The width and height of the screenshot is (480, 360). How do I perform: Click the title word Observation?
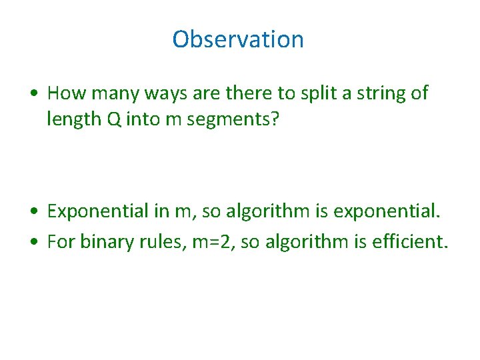(x=238, y=39)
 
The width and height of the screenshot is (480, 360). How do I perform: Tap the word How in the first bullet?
(x=67, y=93)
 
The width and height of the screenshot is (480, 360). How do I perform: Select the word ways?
(x=165, y=94)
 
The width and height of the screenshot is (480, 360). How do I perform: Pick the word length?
(x=74, y=119)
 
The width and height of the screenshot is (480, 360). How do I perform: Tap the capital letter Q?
(x=114, y=119)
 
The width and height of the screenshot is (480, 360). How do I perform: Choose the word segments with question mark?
(x=233, y=119)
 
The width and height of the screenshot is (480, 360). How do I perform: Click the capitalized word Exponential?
(x=97, y=211)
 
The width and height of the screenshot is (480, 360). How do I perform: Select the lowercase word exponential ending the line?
(x=387, y=211)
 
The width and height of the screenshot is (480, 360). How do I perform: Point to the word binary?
(x=107, y=242)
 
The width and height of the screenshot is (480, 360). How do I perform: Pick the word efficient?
(x=410, y=241)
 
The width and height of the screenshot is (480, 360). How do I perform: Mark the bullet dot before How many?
(x=34, y=93)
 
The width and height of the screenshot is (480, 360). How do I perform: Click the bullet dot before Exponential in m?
(x=34, y=211)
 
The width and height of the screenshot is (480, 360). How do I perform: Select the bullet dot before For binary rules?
(x=34, y=241)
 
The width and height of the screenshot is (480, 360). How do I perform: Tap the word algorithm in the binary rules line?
(x=307, y=242)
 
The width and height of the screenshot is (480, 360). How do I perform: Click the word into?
(x=143, y=119)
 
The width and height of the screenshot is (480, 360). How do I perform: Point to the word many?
(x=115, y=94)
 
